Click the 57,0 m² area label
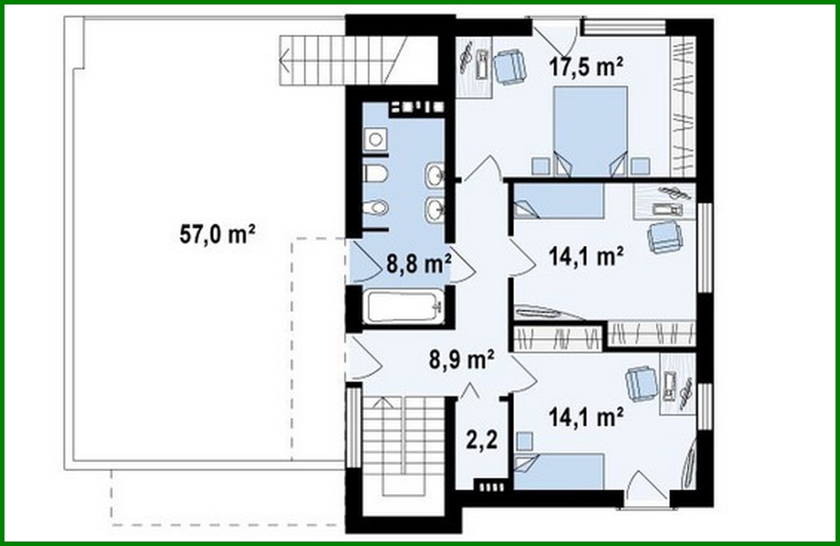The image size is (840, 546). [x=217, y=234]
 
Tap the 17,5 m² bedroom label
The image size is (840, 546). [x=586, y=67]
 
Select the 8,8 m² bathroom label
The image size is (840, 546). [x=418, y=264]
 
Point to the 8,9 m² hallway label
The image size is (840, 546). [x=461, y=359]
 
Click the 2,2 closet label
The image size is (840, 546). [x=481, y=440]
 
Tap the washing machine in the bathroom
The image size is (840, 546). [x=375, y=139]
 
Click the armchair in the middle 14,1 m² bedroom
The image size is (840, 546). [x=664, y=237]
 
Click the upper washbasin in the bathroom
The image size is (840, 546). [x=435, y=175]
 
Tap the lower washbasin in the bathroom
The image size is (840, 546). [x=435, y=209]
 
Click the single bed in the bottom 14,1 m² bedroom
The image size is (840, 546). [x=560, y=470]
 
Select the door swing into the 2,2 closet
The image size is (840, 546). [x=470, y=391]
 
